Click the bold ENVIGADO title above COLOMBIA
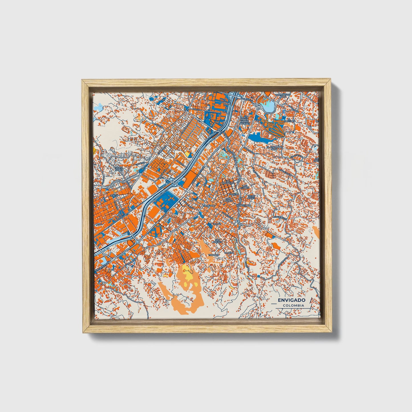[291, 300]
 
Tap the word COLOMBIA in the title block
[293, 306]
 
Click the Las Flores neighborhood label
[245, 187]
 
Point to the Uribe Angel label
[251, 197]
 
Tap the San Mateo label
[228, 200]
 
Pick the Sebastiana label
[244, 205]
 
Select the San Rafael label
[218, 241]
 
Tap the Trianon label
[214, 255]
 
